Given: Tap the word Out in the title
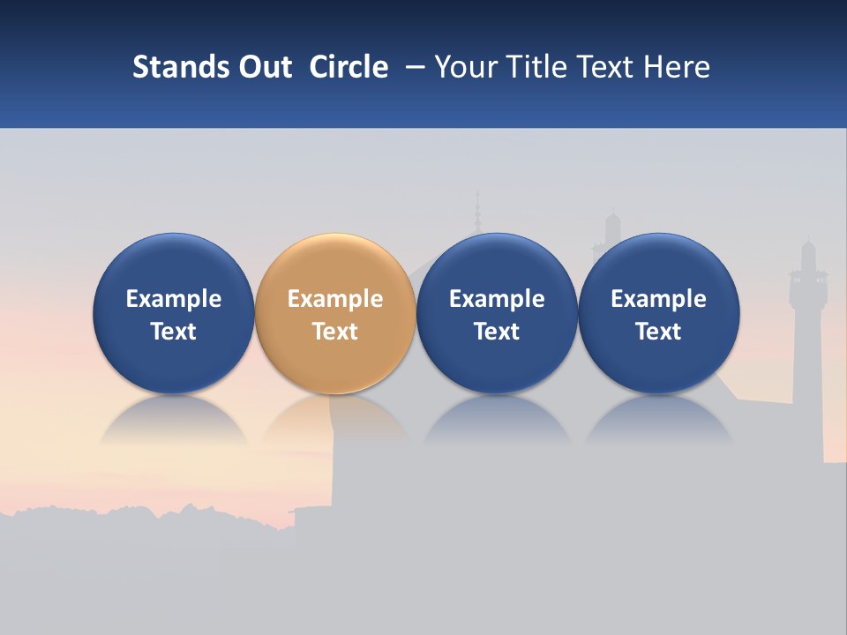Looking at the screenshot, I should click(x=262, y=67).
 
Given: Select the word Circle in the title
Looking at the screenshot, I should click(x=349, y=67).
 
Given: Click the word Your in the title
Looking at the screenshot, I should click(x=465, y=67).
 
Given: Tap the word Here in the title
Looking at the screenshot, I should click(x=677, y=67).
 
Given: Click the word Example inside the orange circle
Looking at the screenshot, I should click(x=335, y=299).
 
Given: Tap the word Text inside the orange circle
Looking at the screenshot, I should click(x=335, y=332).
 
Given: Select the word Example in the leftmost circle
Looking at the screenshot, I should click(x=174, y=299).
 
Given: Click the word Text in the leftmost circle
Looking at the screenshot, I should click(x=174, y=332).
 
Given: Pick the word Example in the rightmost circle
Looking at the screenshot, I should click(x=659, y=299).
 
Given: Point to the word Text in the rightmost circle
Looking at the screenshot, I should click(x=659, y=332).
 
